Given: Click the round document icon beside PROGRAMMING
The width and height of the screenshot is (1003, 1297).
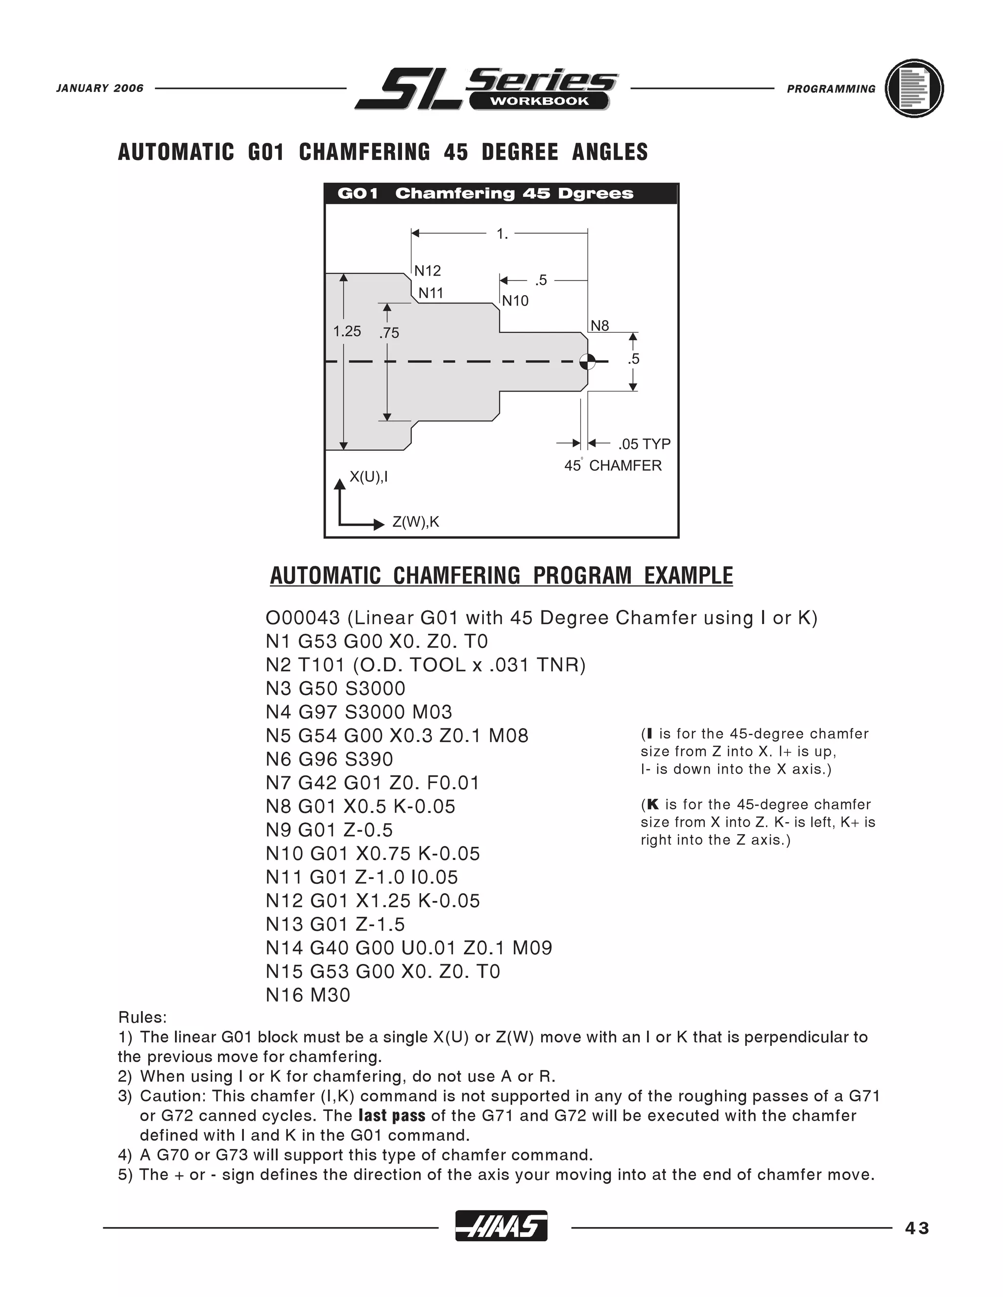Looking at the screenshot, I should (x=914, y=89).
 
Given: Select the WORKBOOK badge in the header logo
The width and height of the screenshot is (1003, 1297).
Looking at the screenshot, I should (x=539, y=101).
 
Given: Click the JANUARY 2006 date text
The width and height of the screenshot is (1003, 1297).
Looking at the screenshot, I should (x=100, y=89).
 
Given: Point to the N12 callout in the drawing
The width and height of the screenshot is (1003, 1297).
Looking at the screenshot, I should (x=427, y=271).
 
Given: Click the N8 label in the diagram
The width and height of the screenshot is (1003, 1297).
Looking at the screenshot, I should (x=599, y=325).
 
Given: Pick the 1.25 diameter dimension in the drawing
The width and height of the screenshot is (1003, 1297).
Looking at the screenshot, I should (x=347, y=331).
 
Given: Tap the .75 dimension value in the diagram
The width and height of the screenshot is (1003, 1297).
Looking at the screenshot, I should (x=389, y=333).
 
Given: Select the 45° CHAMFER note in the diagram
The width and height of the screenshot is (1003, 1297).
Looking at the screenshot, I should (x=613, y=465).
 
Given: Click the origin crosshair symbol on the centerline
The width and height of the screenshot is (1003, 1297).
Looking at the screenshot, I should (x=588, y=361).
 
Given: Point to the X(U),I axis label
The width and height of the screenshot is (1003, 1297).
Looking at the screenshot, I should (x=368, y=477).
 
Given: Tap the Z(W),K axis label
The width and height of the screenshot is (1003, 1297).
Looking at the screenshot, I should (x=415, y=522).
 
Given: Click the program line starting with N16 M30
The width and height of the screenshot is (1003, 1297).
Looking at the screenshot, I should (x=308, y=995).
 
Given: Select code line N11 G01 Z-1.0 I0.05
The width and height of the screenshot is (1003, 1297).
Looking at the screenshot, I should (x=362, y=877).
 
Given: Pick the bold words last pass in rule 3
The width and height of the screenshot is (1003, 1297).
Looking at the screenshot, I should (x=392, y=1116).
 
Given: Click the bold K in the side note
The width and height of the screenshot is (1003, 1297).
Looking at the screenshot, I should (x=652, y=805).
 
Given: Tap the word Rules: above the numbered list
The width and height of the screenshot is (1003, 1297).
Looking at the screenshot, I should (x=142, y=1018).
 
